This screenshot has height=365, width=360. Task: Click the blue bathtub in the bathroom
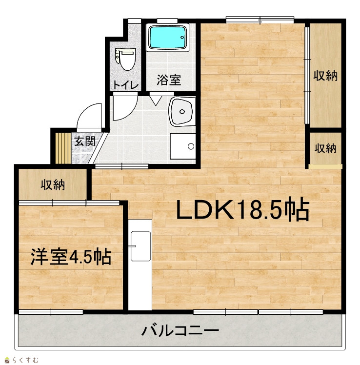167,37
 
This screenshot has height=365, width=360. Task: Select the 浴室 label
168,80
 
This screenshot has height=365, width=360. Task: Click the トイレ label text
126,85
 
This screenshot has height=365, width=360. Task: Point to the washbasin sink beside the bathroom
182,111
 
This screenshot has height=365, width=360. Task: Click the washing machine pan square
182,146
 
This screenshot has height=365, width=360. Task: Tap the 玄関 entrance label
85,141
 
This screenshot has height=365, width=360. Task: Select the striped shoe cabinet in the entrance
63,148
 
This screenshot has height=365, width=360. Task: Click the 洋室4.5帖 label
71,257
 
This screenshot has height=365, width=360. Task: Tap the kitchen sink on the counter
140,246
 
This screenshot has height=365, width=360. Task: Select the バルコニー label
180,330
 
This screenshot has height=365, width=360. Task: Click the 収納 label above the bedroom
53,185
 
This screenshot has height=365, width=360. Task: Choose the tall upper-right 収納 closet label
325,76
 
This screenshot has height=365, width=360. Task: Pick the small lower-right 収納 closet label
325,148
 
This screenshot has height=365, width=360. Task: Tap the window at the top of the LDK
260,20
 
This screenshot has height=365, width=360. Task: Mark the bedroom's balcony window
51,312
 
